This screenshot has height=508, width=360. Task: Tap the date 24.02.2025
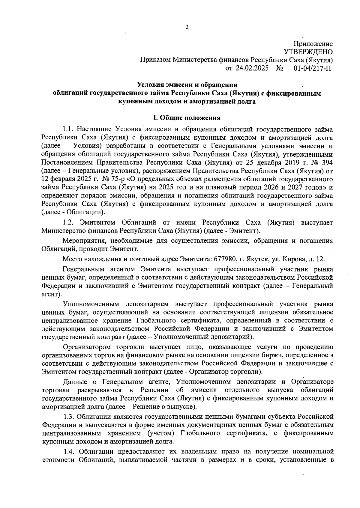[252, 68]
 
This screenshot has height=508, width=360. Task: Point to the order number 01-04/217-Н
[312, 68]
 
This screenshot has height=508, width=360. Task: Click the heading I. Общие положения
[187, 118]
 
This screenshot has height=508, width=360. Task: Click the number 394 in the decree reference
[327, 163]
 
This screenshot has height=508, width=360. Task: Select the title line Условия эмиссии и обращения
[187, 85]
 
